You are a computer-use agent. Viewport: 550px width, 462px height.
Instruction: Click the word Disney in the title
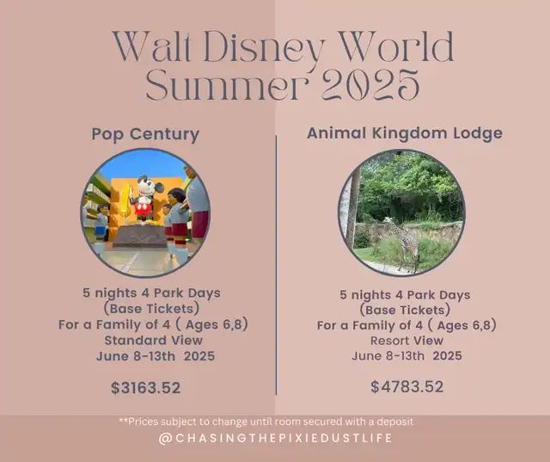[262, 48]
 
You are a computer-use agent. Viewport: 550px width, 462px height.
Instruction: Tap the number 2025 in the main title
[370, 84]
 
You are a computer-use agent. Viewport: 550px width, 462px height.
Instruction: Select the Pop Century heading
[145, 134]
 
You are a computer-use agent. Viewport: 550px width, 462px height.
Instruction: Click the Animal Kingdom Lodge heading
[405, 133]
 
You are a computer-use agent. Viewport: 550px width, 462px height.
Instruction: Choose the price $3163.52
[145, 387]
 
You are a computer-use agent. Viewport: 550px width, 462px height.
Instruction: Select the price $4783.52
[406, 386]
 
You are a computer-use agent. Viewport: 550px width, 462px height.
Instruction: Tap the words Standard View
[154, 340]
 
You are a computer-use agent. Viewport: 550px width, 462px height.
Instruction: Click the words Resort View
[406, 341]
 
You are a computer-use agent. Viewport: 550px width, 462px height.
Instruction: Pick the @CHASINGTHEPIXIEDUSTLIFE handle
[275, 438]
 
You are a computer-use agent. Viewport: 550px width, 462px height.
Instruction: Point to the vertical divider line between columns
[276, 265]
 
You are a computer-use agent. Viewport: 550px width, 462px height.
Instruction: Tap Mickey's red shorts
[144, 209]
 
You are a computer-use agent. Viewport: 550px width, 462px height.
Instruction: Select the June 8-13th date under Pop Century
[156, 356]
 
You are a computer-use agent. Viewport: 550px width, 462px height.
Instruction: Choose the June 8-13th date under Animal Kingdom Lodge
[406, 355]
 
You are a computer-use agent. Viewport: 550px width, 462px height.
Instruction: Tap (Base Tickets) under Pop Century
[151, 309]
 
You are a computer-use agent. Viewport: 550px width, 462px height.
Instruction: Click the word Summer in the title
[227, 85]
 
